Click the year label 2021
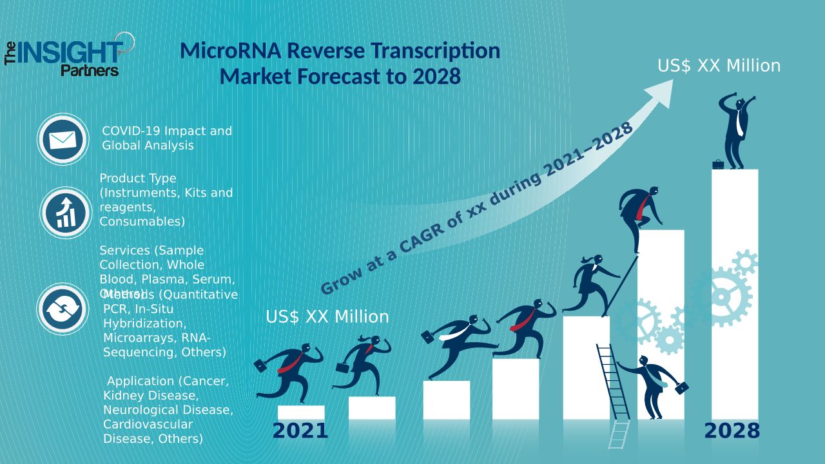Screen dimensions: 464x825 coord(300,431)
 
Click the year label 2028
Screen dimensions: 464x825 coord(732,431)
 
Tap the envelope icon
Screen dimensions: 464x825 coord(63,139)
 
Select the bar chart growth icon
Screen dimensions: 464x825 coord(65,213)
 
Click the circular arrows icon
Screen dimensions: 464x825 coord(62,309)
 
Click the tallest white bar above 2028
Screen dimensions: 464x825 coord(734,290)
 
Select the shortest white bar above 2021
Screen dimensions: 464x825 coord(300,412)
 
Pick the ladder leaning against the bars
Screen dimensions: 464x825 coord(613,387)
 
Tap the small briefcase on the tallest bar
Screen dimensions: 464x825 coord(717,164)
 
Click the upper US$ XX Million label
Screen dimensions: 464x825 coord(719,66)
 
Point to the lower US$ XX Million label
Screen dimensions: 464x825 coord(327,317)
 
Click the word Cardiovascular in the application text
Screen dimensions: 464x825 coord(148,424)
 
